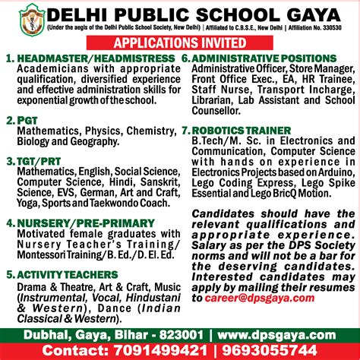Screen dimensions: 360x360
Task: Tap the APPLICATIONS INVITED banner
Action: click(x=180, y=43)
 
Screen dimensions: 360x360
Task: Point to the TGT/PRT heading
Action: click(x=37, y=162)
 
